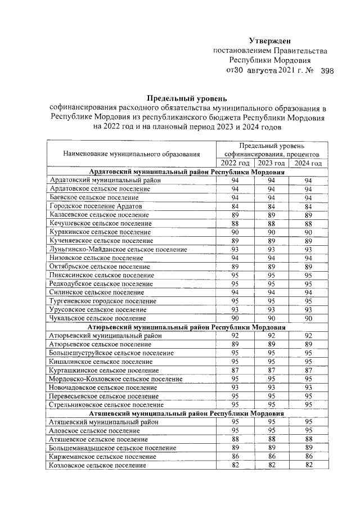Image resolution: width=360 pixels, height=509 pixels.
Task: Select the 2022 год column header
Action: [x=235, y=163]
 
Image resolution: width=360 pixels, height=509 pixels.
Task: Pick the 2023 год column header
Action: [x=271, y=163]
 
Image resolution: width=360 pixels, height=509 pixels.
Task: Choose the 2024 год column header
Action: [x=308, y=163]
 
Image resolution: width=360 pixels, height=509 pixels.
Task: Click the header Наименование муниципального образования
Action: [x=131, y=154]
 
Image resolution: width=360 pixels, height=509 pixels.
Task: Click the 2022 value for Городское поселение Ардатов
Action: [x=235, y=206]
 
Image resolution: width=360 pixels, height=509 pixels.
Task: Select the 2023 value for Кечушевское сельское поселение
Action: [x=271, y=223]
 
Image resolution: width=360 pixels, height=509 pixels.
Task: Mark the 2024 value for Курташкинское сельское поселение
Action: [x=308, y=370]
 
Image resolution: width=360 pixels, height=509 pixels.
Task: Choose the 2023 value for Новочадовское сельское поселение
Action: [x=271, y=387]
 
